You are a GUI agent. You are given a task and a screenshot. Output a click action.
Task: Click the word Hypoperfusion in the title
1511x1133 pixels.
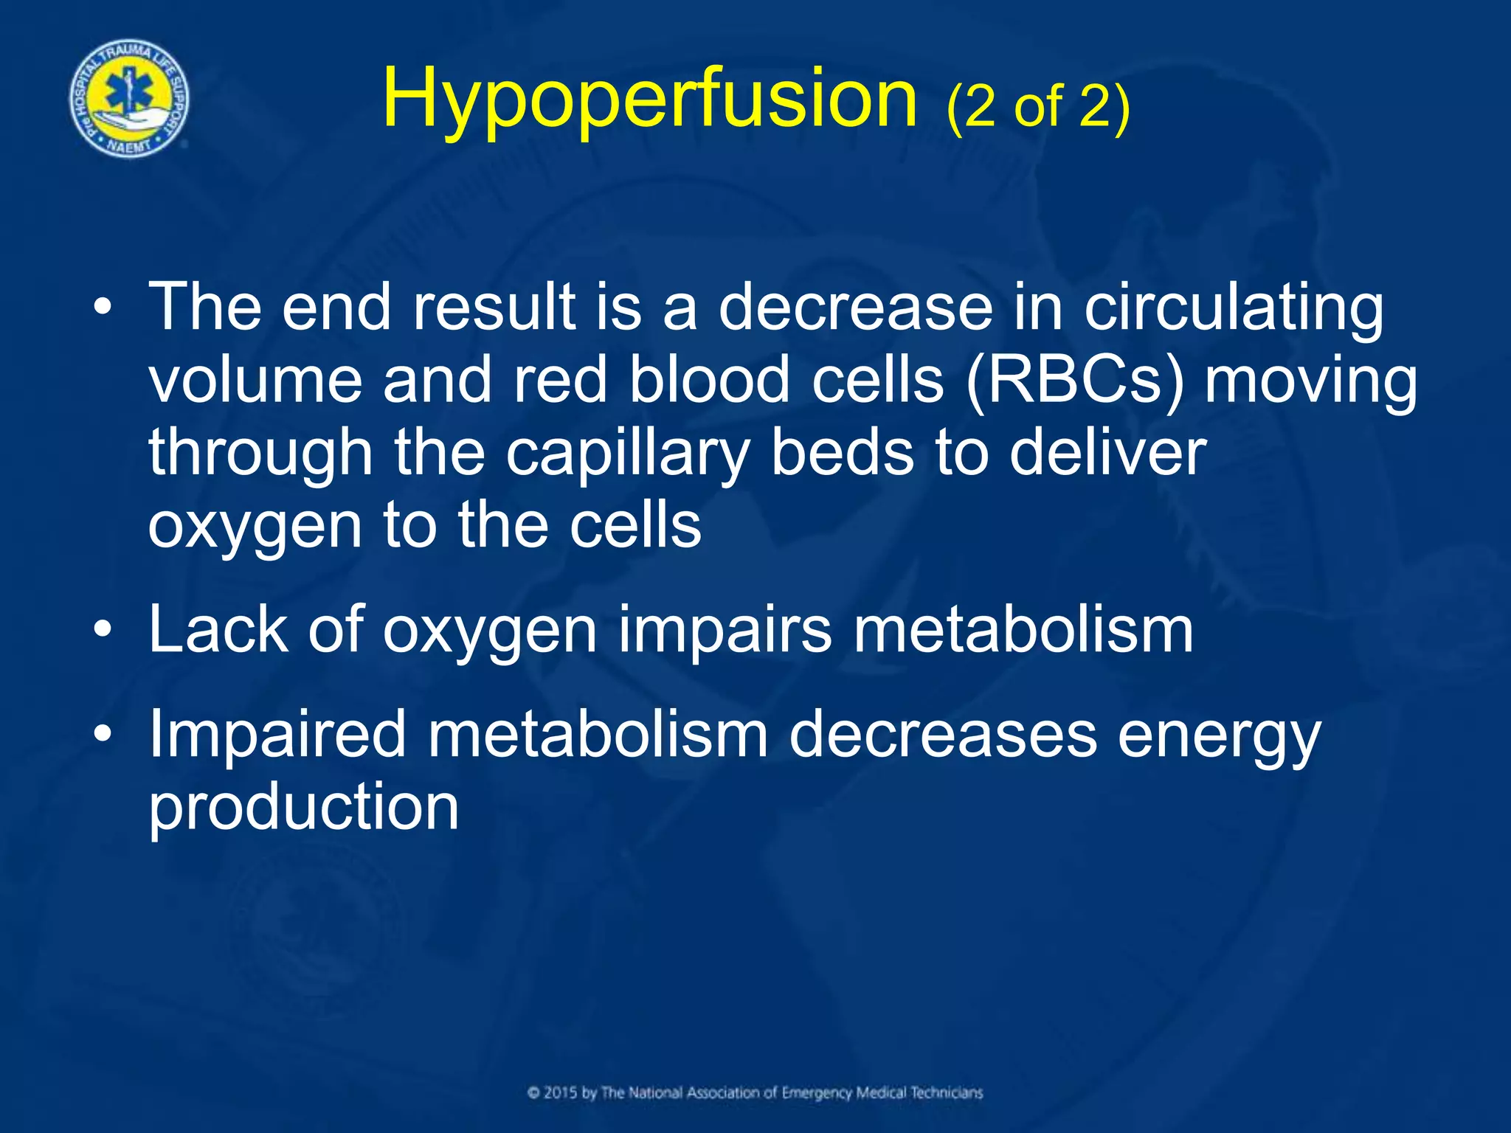(x=649, y=100)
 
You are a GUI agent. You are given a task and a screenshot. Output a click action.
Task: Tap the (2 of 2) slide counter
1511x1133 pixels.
(x=1037, y=107)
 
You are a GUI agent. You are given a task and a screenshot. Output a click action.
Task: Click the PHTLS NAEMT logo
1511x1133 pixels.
(x=129, y=99)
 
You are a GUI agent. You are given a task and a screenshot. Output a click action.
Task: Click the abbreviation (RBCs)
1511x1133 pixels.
(x=1074, y=381)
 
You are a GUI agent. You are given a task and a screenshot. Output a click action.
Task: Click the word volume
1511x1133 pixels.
(x=255, y=381)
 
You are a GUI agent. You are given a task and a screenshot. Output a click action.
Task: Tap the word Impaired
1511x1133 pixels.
(x=277, y=736)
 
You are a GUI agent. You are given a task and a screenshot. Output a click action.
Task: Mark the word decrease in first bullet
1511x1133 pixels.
(x=855, y=308)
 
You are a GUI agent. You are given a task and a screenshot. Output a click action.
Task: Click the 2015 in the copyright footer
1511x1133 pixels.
(x=561, y=1092)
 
